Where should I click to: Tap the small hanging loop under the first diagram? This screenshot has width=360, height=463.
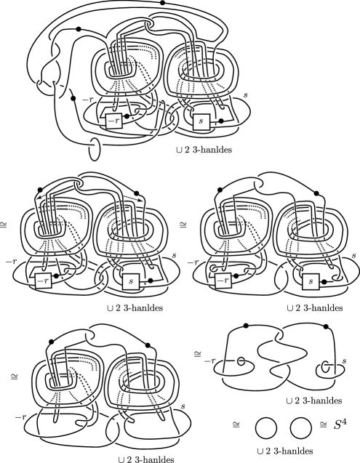point(94,150)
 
